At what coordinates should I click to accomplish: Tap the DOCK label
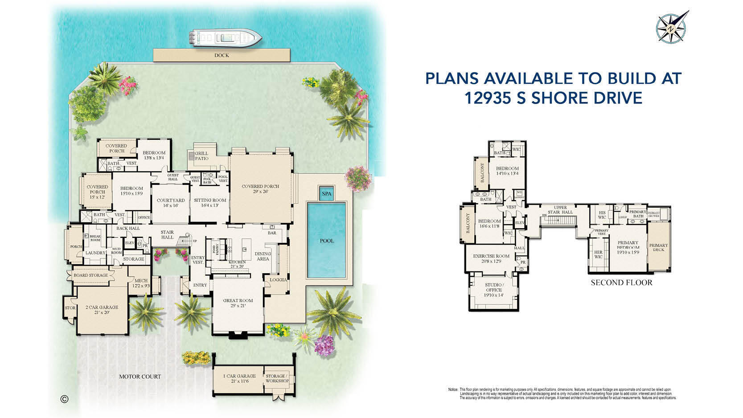[x=222, y=55]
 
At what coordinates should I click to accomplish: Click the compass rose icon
[x=671, y=28]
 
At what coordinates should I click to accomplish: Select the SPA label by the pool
[x=327, y=194]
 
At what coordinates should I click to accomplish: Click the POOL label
[x=327, y=241]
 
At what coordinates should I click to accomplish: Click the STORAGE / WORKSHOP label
[x=277, y=378]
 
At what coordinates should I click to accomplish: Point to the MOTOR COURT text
[x=140, y=377]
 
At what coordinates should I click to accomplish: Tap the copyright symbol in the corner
[x=64, y=399]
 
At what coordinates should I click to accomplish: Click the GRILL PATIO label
[x=201, y=156]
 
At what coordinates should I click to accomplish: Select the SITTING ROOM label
[x=210, y=203]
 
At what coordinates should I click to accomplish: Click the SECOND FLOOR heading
[x=621, y=283]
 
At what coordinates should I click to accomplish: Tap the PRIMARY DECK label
[x=658, y=247]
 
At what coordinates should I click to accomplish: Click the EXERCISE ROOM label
[x=491, y=258]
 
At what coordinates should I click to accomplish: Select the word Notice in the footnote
[x=453, y=389]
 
